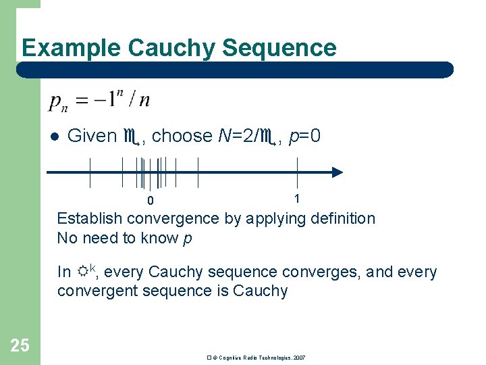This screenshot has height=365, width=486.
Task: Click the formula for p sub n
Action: click(99, 101)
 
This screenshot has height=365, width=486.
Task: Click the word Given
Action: click(92, 136)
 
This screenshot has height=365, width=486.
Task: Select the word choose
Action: click(182, 136)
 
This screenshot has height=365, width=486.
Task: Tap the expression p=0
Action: click(304, 136)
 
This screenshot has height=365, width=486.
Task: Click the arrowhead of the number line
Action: click(337, 172)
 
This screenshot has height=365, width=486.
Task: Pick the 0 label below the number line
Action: click(151, 201)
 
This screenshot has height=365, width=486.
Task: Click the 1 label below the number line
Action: click(297, 199)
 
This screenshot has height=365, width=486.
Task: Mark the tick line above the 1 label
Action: click(297, 172)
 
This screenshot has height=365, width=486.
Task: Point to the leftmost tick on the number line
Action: click(90, 172)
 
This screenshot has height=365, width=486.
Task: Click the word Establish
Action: click(90, 218)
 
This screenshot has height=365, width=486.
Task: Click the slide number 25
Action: click(20, 346)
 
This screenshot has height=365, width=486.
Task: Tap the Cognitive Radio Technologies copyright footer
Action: click(256, 357)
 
